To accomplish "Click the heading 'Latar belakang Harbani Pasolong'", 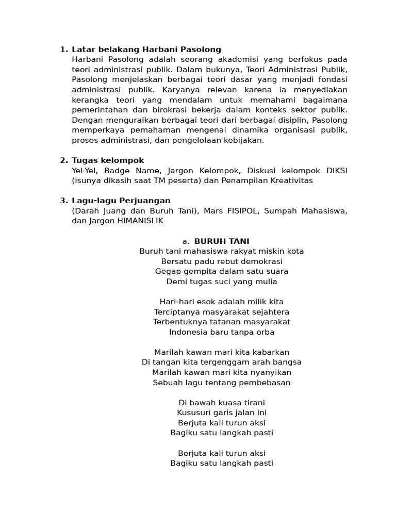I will pyautogui.click(x=146, y=49).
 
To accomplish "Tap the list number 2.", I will pyautogui.click(x=63, y=160).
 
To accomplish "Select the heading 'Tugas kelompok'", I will pyautogui.click(x=108, y=160).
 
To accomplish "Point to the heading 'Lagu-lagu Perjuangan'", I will pyautogui.click(x=121, y=201).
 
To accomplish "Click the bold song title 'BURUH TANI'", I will pyautogui.click(x=222, y=241).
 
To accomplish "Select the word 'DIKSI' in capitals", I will pyautogui.click(x=336, y=171).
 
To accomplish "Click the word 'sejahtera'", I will pyautogui.click(x=270, y=312).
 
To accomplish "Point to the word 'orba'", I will pyautogui.click(x=265, y=332).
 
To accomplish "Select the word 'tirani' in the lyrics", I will pyautogui.click(x=253, y=403).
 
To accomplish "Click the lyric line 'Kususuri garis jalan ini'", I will pyautogui.click(x=222, y=412).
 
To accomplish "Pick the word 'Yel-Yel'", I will pyautogui.click(x=86, y=171).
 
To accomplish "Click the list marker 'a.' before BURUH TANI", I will pyautogui.click(x=186, y=241).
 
